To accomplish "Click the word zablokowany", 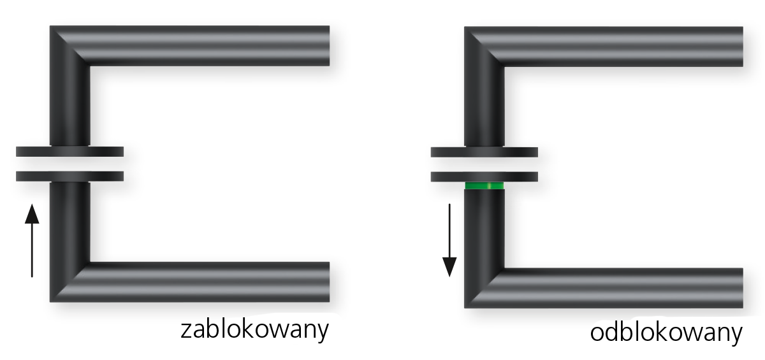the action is [254, 329].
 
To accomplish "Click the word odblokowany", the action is [666, 333].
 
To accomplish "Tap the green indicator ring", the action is [484, 185].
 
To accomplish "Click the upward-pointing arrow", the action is [32, 241].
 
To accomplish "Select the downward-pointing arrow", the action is [449, 241].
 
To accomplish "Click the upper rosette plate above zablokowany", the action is [69, 152].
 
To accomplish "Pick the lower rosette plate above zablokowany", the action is [69, 176].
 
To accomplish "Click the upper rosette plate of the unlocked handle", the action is [484, 152].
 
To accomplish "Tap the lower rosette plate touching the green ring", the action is [484, 176].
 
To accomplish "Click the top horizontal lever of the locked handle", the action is [208, 46].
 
